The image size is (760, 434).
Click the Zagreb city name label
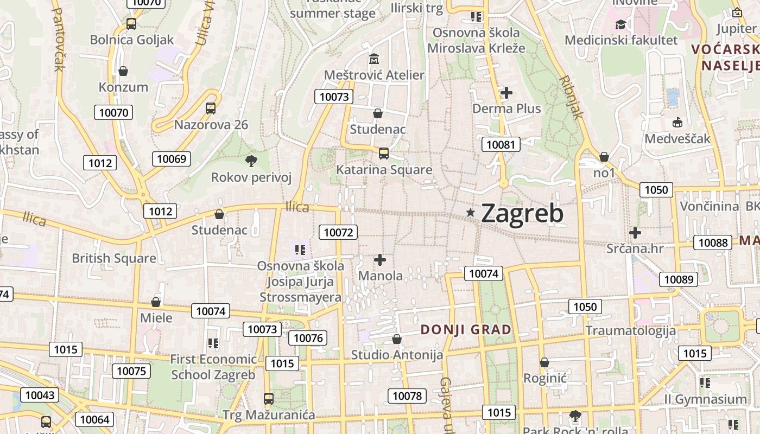[522, 213]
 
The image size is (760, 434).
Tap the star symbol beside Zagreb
[471, 213]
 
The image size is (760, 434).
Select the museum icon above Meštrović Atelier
[374, 59]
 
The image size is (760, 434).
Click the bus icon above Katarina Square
[384, 154]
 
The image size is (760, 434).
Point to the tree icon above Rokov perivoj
[251, 161]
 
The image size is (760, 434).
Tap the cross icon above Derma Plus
[506, 93]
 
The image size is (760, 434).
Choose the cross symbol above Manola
[380, 260]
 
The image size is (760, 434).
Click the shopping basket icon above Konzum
[123, 71]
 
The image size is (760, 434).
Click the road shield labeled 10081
[501, 144]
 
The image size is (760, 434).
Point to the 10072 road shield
[339, 233]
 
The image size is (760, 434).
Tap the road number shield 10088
[713, 242]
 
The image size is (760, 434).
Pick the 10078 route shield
[407, 396]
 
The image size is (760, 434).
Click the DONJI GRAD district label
[466, 329]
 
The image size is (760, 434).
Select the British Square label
[114, 258]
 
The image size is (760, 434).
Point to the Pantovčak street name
[59, 39]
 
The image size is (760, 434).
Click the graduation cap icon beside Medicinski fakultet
[620, 24]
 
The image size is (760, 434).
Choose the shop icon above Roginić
[544, 362]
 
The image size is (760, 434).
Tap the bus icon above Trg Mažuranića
[268, 399]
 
